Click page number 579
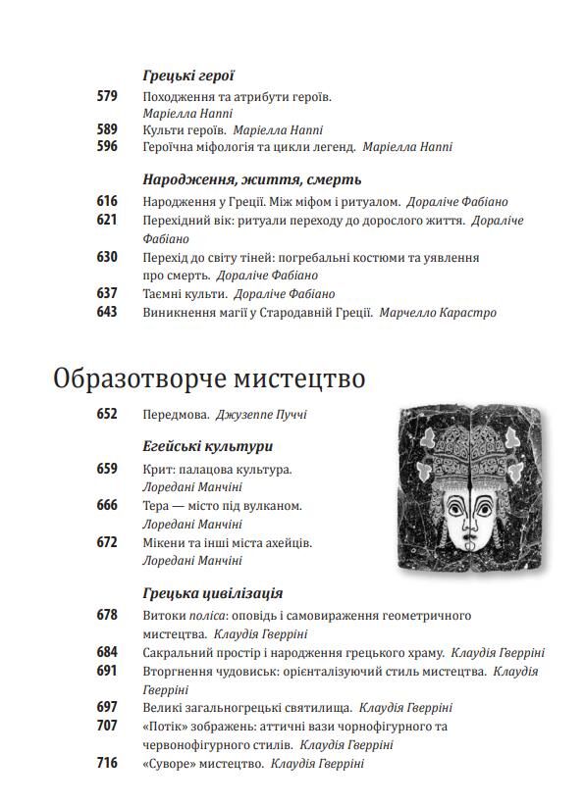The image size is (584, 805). pyautogui.click(x=107, y=96)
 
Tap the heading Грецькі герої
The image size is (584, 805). pyautogui.click(x=187, y=75)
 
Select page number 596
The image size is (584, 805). pyautogui.click(x=107, y=147)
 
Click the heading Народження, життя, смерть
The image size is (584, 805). pyautogui.click(x=251, y=179)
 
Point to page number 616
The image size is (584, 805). pyautogui.click(x=107, y=202)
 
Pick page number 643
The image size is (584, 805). pyautogui.click(x=107, y=313)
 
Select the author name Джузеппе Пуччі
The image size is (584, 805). pyautogui.click(x=261, y=415)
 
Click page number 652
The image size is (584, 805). pyautogui.click(x=107, y=415)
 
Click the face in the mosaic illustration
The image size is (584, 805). pyautogui.click(x=467, y=519)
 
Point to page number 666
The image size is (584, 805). pyautogui.click(x=107, y=506)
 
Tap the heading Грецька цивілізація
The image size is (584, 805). pyautogui.click(x=212, y=593)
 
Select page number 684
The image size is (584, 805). pyautogui.click(x=107, y=652)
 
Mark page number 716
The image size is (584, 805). pyautogui.click(x=107, y=763)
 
